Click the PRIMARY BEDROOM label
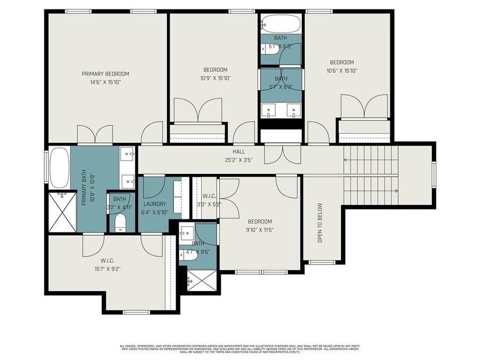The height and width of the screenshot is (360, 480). point(105,74)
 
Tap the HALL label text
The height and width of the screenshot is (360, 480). point(238,151)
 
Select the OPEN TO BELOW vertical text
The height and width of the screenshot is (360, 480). point(321,223)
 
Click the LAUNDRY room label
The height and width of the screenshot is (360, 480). point(155,204)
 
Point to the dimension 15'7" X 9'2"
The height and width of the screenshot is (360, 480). point(107,269)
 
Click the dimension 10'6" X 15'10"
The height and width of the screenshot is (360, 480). point(341,70)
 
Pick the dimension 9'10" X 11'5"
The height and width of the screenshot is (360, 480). point(260,230)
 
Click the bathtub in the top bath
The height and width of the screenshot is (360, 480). point(281,24)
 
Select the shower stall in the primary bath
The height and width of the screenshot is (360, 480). point(62,212)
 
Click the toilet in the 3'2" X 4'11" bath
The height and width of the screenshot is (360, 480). point(120,223)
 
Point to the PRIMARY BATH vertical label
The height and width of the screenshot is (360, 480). point(84,190)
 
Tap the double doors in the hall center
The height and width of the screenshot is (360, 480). point(282,155)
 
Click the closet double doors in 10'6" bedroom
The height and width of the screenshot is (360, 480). point(364,106)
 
